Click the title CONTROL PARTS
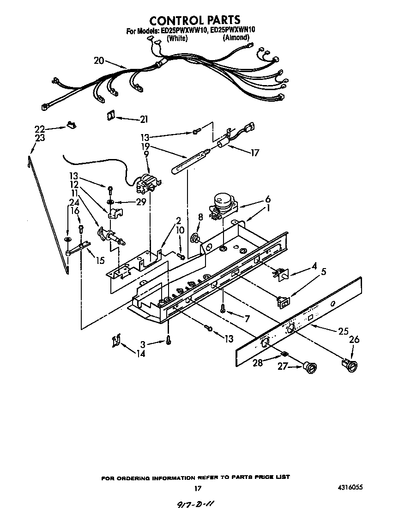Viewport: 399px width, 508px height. (x=194, y=20)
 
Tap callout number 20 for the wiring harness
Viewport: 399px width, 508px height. (x=99, y=61)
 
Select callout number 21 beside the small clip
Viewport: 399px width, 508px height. (x=144, y=119)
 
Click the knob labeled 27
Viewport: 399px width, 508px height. (x=309, y=367)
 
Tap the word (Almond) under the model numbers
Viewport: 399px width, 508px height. (x=236, y=38)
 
